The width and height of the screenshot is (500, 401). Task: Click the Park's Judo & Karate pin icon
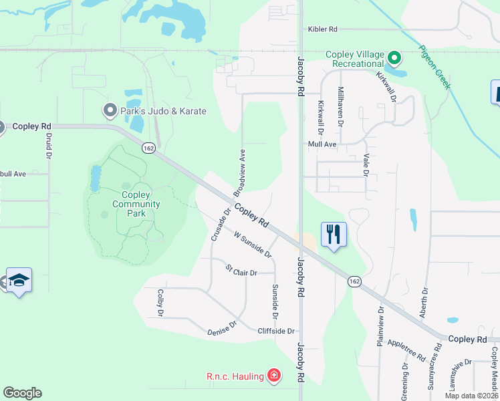[109, 110]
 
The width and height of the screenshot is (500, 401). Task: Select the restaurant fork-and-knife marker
[334, 235]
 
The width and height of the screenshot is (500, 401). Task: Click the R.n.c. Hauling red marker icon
[273, 376]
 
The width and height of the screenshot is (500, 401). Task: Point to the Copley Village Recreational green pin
[394, 59]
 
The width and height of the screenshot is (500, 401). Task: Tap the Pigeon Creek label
[434, 67]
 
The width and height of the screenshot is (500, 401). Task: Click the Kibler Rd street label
[323, 29]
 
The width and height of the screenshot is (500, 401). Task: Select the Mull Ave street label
[322, 144]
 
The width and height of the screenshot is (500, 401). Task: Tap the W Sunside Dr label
[253, 244]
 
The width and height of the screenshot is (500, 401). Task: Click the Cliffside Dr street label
[276, 331]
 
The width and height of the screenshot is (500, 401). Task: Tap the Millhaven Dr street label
[340, 107]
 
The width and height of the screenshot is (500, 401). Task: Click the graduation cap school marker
[19, 281]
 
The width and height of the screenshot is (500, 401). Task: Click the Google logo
[22, 393]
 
